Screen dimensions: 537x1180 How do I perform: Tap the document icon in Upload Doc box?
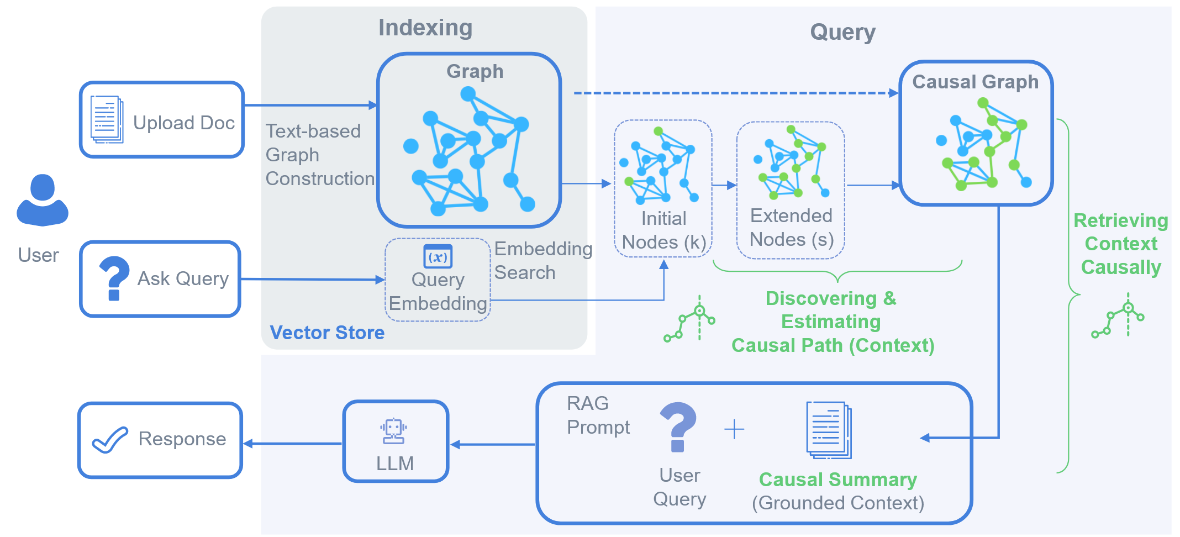coord(107,119)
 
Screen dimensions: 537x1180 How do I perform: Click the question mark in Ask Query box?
coord(114,278)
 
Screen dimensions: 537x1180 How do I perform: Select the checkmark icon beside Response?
coord(110,440)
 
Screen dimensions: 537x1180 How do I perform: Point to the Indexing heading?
coord(425,28)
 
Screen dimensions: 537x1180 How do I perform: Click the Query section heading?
coord(842,32)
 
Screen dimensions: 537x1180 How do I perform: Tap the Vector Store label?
coord(327,333)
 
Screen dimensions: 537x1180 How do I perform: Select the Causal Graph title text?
coord(975,82)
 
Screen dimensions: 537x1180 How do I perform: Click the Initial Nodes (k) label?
coord(663,230)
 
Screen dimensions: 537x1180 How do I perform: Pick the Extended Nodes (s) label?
coord(791,228)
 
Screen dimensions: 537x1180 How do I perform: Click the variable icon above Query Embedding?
coord(438,256)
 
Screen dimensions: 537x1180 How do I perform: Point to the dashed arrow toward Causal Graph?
coord(735,93)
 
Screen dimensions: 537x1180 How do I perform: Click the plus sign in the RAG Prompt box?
coord(734,429)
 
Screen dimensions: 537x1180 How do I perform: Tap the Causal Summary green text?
coord(837,480)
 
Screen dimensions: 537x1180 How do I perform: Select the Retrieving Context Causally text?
coord(1120,244)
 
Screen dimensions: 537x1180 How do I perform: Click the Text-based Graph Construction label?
coord(319,155)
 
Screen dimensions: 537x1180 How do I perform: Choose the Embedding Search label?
coord(542,261)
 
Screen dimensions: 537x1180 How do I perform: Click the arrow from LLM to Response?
coord(293,444)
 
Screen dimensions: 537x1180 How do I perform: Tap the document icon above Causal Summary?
coord(829,430)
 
